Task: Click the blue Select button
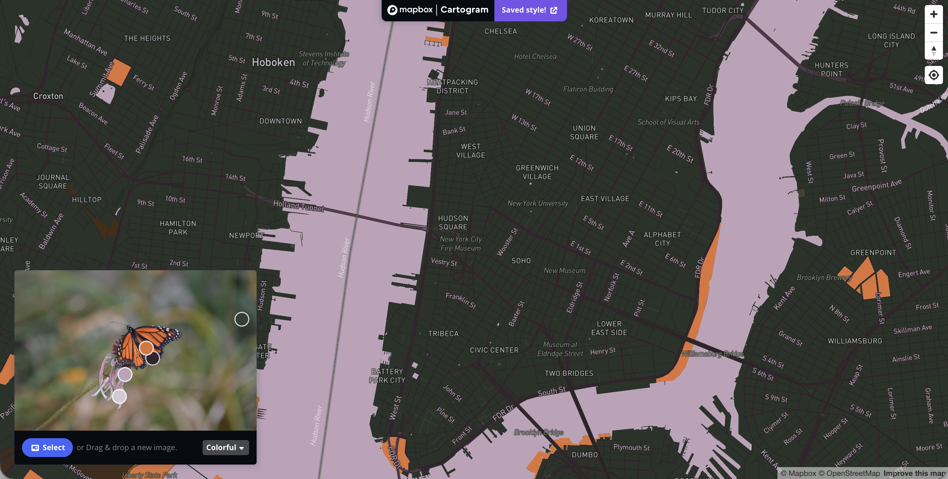tap(47, 447)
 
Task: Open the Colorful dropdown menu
tap(225, 447)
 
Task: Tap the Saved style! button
tap(530, 10)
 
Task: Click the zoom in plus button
tap(933, 14)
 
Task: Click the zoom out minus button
tap(933, 33)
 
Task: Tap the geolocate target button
tap(933, 75)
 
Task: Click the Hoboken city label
tap(273, 62)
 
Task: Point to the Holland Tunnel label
tap(298, 206)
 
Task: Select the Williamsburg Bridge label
tap(712, 354)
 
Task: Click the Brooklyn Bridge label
tap(538, 432)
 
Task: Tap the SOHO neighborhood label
tap(521, 261)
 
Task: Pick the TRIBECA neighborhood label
tap(443, 333)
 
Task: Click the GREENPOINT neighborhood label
tap(873, 253)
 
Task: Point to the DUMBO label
tap(584, 455)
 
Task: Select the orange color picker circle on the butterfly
tap(146, 347)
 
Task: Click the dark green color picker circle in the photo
tap(242, 319)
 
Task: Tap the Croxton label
tap(48, 96)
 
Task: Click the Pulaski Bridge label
tap(862, 103)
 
